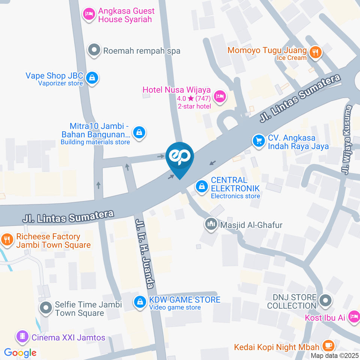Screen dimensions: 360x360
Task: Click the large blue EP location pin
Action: tap(180, 158)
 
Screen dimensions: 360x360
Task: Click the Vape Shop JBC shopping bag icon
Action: tap(91, 78)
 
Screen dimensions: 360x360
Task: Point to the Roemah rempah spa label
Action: tap(142, 51)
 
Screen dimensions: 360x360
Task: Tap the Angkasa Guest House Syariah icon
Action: tap(89, 15)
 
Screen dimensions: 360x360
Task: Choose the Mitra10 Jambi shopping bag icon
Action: tap(139, 132)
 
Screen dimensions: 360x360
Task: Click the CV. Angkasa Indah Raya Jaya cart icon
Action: tap(258, 141)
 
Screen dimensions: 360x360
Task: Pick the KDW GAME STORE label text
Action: tap(184, 300)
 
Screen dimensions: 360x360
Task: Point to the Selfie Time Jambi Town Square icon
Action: tap(46, 308)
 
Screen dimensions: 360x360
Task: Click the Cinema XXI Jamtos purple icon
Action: tap(23, 337)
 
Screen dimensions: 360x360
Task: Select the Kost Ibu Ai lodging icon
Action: tap(353, 317)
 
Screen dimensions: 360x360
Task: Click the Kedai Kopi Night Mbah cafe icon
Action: tap(328, 346)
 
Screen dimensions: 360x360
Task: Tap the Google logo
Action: tap(20, 352)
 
